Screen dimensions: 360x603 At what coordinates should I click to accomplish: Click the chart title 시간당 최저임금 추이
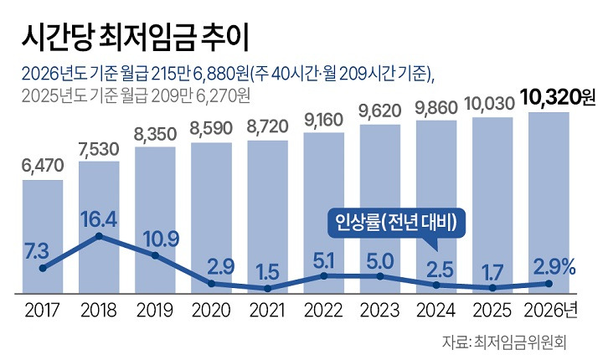(136, 35)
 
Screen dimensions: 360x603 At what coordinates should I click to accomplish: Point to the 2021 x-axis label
(267, 311)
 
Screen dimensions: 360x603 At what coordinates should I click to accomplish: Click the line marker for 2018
(99, 236)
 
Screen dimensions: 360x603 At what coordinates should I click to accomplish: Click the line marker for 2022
(323, 275)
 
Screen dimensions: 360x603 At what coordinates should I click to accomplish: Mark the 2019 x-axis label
(155, 311)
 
